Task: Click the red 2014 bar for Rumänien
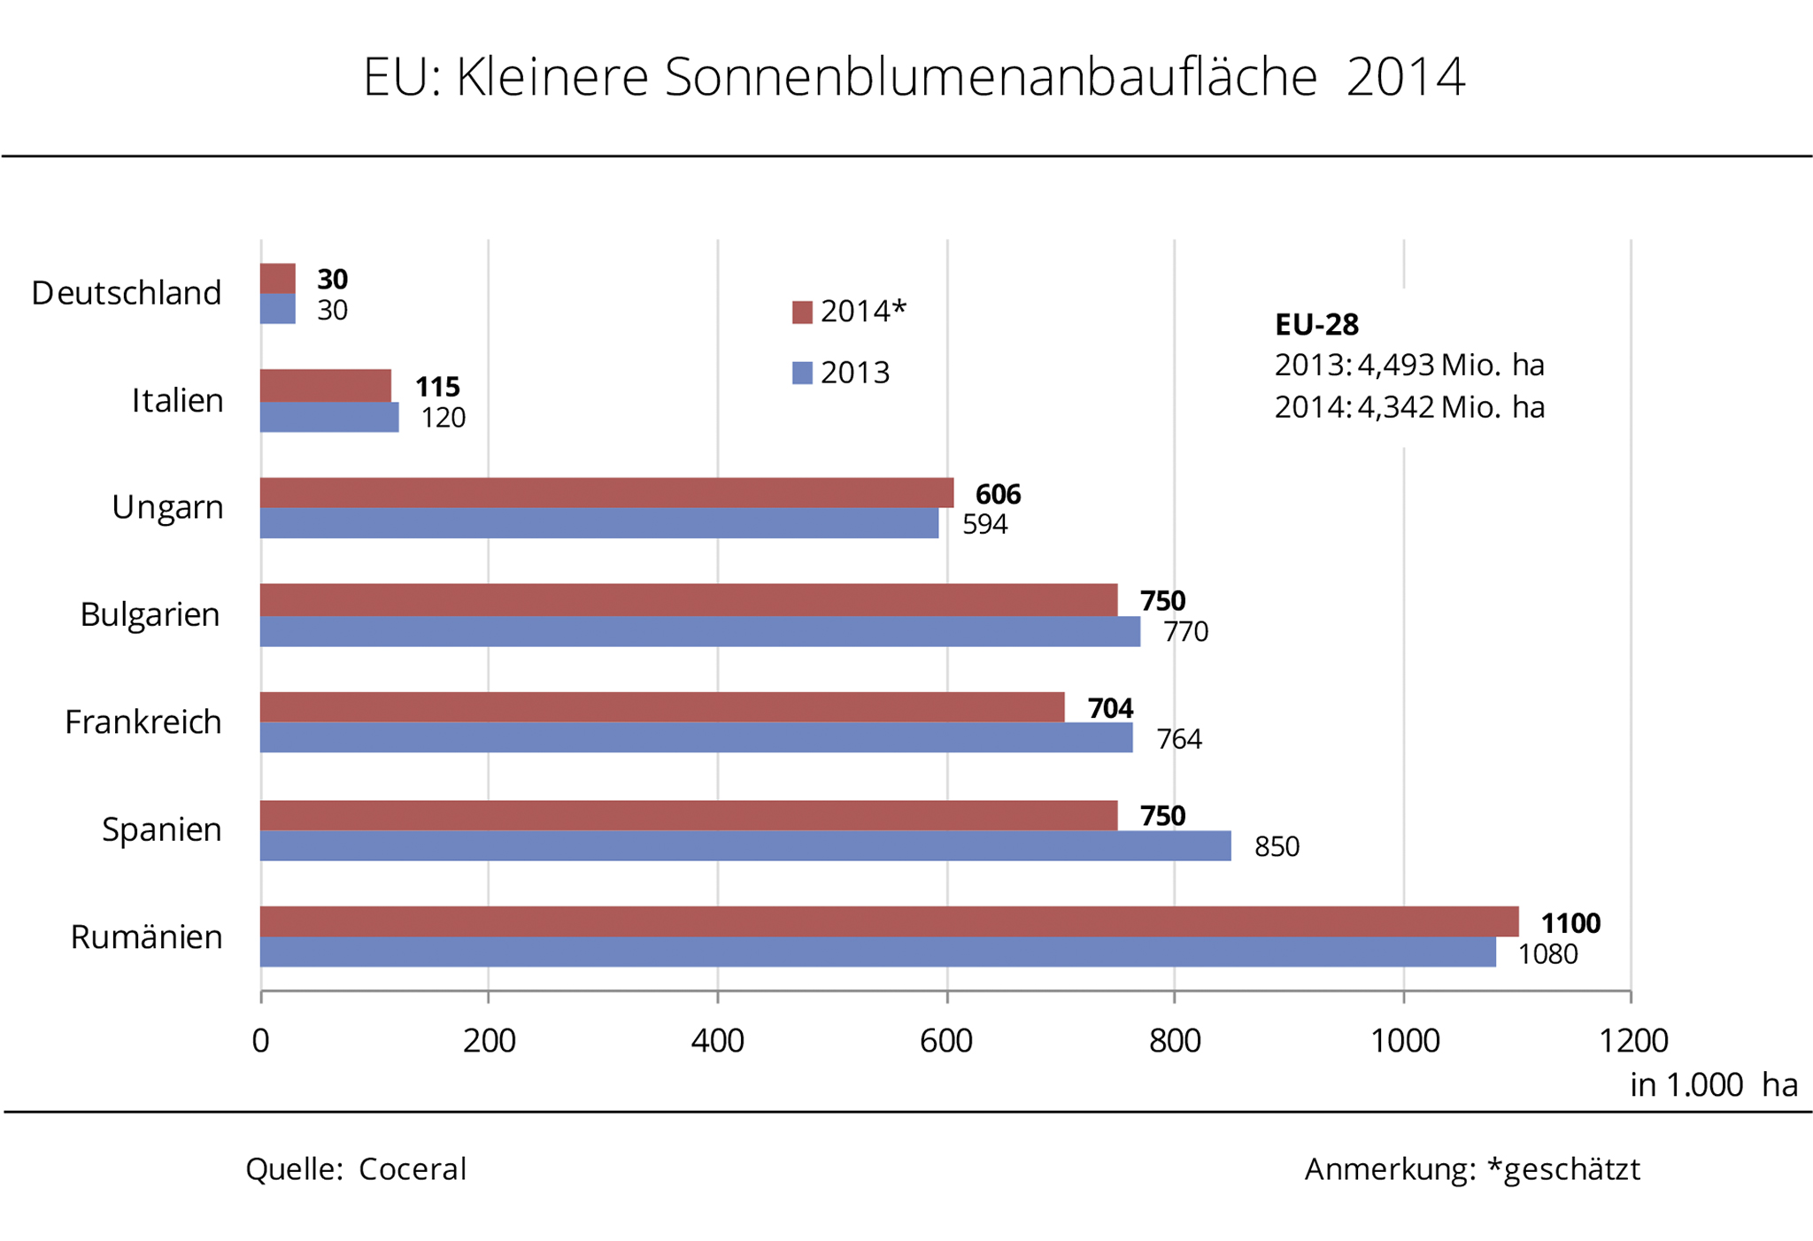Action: [889, 921]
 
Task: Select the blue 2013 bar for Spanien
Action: [744, 845]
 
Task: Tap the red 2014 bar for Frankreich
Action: [661, 707]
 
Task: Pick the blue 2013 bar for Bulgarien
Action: [699, 631]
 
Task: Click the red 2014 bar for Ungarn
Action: [606, 493]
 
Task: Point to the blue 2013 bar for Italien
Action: [329, 417]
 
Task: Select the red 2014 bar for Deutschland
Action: [278, 278]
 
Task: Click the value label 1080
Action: [1547, 954]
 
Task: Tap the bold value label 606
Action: [998, 494]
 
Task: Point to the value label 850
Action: [1277, 847]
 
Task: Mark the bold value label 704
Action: [1110, 708]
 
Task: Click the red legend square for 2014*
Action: [802, 312]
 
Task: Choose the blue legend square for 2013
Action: [802, 373]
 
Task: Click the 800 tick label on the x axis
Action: [1175, 1041]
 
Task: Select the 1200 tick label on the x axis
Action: [1632, 1041]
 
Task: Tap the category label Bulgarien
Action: [150, 614]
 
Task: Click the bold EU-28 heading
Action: [1316, 325]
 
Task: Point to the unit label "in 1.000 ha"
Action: [1713, 1085]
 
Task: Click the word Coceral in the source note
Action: [412, 1169]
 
